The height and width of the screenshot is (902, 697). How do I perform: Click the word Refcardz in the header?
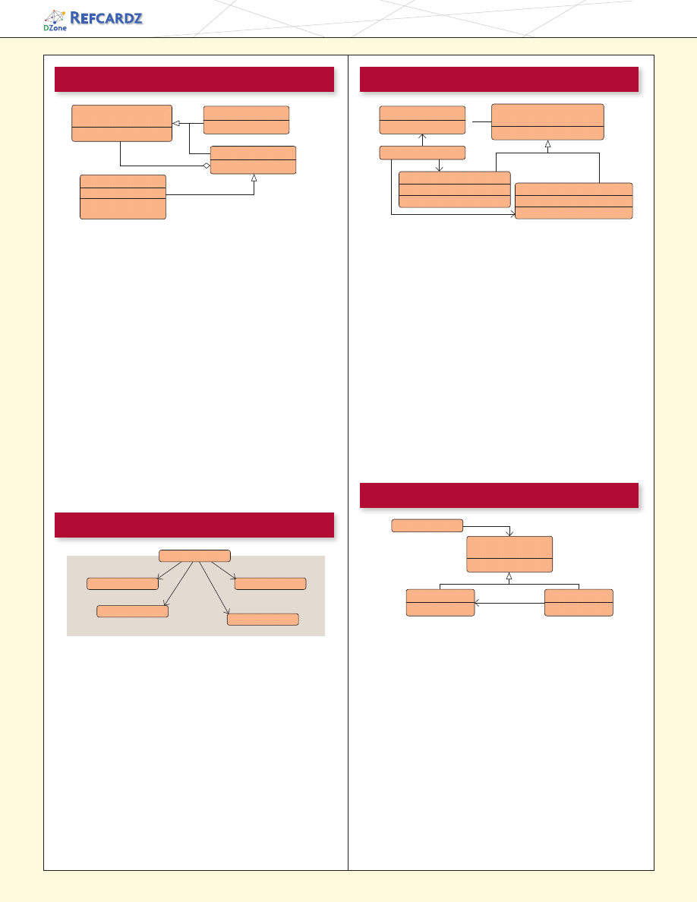(106, 17)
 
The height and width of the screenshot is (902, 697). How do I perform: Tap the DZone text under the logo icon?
(55, 27)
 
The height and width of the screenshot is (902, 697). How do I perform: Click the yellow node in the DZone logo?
(62, 11)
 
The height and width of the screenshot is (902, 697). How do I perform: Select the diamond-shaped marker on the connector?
(207, 166)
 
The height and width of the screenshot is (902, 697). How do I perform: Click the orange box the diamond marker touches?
(253, 160)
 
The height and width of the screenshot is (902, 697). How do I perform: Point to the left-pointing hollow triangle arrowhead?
(177, 123)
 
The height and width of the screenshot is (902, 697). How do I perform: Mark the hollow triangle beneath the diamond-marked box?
(254, 178)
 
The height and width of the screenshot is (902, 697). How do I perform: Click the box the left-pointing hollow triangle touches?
(122, 123)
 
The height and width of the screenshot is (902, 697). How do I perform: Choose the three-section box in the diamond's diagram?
(123, 197)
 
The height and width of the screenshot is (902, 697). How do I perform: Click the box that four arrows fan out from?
(194, 556)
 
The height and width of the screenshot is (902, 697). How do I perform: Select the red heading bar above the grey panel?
(194, 525)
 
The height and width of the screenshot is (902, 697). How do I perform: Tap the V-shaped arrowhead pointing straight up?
(422, 137)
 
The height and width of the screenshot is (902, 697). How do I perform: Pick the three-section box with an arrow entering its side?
(574, 200)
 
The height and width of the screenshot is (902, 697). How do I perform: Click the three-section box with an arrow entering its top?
(454, 189)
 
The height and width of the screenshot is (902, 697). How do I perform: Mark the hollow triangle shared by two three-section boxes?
(547, 144)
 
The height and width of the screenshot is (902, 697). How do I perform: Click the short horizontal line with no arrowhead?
(482, 122)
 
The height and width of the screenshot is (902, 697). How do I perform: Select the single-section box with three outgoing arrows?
(422, 153)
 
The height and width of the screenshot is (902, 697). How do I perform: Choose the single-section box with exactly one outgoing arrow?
(427, 525)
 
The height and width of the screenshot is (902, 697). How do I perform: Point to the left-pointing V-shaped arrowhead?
(478, 604)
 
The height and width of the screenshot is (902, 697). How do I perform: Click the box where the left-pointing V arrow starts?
(579, 603)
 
